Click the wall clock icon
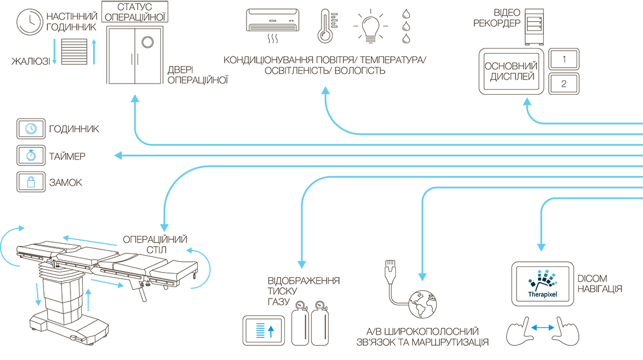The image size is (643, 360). click(x=29, y=22)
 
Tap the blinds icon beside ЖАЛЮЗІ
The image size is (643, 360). click(x=74, y=52)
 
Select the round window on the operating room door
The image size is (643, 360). click(x=148, y=42)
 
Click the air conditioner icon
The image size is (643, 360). click(x=272, y=20)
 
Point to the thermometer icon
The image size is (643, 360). click(x=325, y=27)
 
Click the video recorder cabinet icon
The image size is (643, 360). click(x=534, y=27)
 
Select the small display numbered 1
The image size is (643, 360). click(x=564, y=59)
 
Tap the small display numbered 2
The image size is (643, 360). click(x=564, y=84)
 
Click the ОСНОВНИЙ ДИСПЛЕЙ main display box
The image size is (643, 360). click(x=512, y=71)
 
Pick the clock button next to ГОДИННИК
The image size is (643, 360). click(x=31, y=129)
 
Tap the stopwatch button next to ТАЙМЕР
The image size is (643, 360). click(x=31, y=156)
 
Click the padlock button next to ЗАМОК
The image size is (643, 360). click(x=31, y=182)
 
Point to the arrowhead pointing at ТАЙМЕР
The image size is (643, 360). click(x=118, y=155)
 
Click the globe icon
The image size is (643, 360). click(x=423, y=304)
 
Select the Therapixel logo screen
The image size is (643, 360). click(x=543, y=284)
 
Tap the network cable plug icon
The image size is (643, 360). click(x=390, y=271)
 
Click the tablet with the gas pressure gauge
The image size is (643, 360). click(x=263, y=331)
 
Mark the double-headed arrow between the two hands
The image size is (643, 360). click(x=543, y=328)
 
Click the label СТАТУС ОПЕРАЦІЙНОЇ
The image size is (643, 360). click(x=134, y=12)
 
